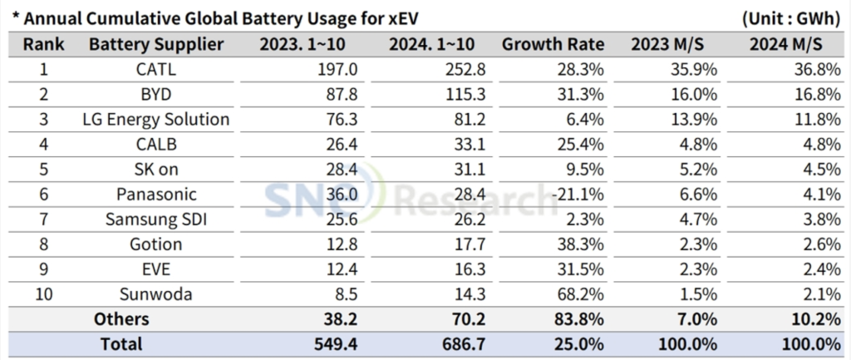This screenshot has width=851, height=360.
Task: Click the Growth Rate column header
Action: tap(553, 44)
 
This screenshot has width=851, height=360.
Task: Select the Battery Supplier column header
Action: tap(155, 44)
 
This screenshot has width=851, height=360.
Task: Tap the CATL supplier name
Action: tap(155, 70)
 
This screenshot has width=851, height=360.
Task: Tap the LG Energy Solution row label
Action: tap(155, 119)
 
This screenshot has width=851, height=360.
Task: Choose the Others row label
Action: tap(121, 318)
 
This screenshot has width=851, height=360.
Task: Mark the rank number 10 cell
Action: tap(43, 293)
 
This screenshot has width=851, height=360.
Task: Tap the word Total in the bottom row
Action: tap(121, 343)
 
